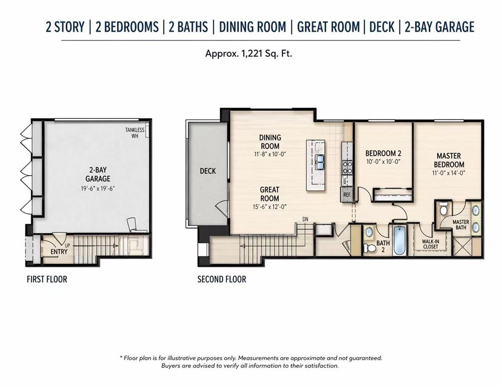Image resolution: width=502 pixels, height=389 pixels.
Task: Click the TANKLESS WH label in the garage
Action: [x=135, y=133]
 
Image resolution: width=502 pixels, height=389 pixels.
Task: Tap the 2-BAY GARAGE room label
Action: [x=98, y=175]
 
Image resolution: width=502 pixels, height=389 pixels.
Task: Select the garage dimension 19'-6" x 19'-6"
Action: [x=98, y=189]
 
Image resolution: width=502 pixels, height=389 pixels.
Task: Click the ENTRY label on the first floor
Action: [x=59, y=252]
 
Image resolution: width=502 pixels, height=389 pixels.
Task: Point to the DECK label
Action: [x=208, y=171]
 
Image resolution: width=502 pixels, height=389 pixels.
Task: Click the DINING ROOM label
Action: [x=270, y=142]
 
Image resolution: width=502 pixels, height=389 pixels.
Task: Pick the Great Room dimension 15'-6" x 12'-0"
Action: [x=270, y=207]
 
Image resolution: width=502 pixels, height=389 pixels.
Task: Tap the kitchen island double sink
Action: [x=320, y=162]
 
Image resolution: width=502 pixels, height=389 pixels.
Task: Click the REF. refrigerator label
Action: [x=347, y=194]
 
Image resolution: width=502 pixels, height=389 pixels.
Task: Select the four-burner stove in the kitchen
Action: [x=347, y=167]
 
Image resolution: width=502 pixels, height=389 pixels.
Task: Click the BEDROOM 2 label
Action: [x=383, y=154]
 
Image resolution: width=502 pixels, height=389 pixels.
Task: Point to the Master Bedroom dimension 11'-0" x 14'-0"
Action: [x=448, y=173]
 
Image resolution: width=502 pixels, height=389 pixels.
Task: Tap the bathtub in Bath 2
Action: [x=399, y=240]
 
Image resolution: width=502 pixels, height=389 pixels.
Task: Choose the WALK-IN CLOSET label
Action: [x=430, y=244]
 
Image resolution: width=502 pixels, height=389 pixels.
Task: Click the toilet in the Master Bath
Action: [x=443, y=209]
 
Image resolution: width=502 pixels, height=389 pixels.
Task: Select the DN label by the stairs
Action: [x=305, y=219]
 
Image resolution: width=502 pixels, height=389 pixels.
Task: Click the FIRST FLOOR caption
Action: [x=47, y=279]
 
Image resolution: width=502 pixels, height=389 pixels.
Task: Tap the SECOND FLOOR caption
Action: [x=222, y=279]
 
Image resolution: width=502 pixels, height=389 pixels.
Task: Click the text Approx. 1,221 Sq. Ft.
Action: [x=248, y=53]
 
